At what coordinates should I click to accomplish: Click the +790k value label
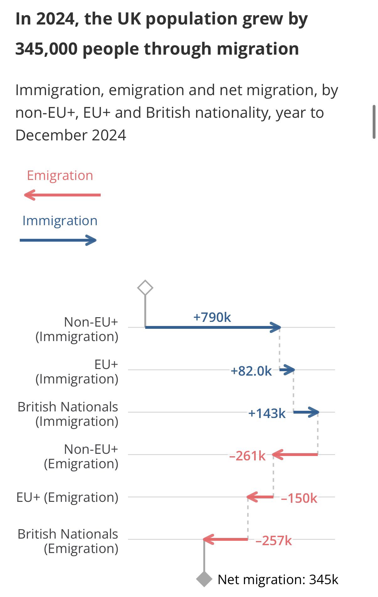tap(212, 317)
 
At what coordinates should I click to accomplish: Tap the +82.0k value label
tap(251, 371)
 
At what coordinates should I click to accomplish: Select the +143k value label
tap(267, 414)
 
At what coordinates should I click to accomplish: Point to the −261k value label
tap(248, 456)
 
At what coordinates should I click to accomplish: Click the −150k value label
tap(299, 498)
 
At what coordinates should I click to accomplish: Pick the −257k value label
tap(274, 541)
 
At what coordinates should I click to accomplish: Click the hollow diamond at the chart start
tap(145, 288)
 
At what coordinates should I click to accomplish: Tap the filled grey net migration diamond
tap(204, 579)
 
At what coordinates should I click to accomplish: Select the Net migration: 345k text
tap(278, 580)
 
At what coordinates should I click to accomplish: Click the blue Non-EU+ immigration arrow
tap(213, 327)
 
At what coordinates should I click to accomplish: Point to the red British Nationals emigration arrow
tap(226, 539)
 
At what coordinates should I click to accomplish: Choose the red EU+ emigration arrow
tap(260, 497)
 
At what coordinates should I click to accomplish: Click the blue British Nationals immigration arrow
tap(306, 412)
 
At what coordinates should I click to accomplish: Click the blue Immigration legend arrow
tap(58, 240)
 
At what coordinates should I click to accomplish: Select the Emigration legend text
tap(60, 176)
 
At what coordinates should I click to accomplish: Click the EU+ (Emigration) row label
tap(67, 497)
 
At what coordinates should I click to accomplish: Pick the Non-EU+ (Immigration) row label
tap(77, 329)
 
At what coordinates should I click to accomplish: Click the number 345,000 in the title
tap(46, 49)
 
